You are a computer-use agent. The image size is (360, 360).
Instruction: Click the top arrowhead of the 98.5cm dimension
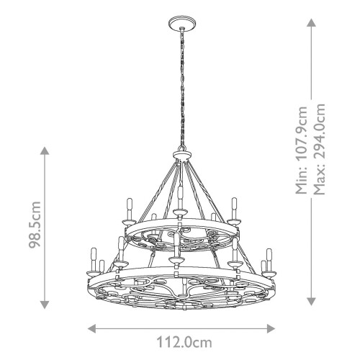tap(45, 150)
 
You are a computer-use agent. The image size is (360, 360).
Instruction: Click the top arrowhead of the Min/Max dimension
tap(311, 22)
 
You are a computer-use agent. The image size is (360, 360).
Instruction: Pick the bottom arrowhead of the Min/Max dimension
tap(311, 304)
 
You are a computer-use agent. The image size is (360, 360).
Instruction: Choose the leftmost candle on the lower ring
tap(93, 257)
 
